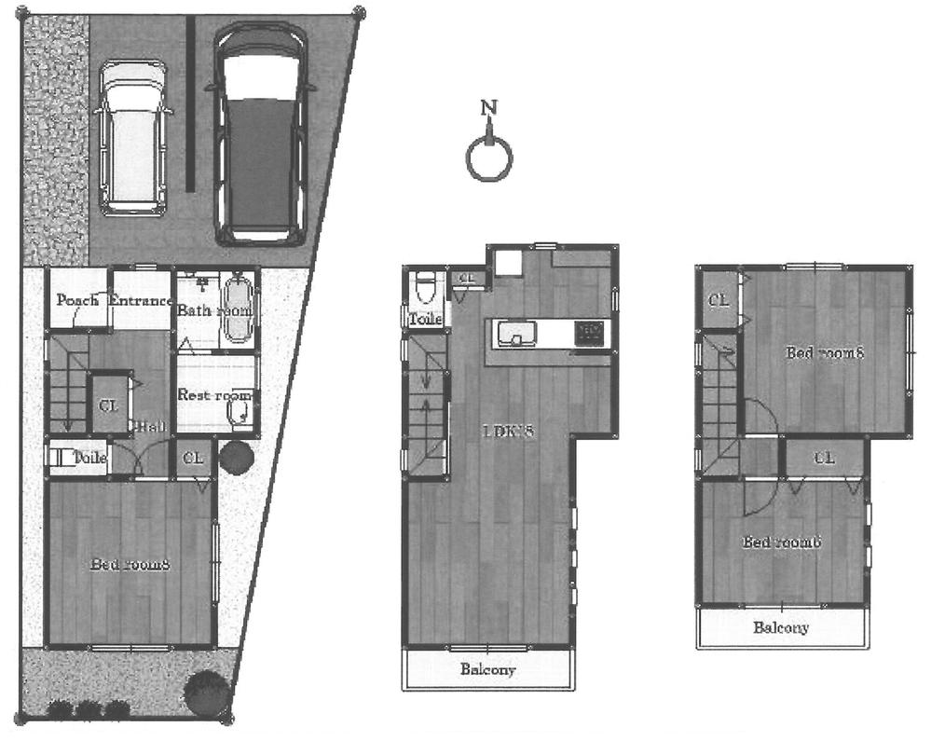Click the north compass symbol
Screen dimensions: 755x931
pyautogui.click(x=489, y=156)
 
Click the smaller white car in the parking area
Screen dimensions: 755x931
pyautogui.click(x=135, y=138)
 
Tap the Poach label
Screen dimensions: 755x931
pyautogui.click(x=77, y=301)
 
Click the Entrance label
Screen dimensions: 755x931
pyautogui.click(x=141, y=301)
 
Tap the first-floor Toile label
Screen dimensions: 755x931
pyautogui.click(x=90, y=458)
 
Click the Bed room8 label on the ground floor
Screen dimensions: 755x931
pyautogui.click(x=129, y=564)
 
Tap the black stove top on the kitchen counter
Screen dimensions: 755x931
pyautogui.click(x=588, y=330)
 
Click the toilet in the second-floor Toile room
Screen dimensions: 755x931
pyautogui.click(x=425, y=287)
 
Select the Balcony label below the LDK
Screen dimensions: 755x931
pyautogui.click(x=487, y=669)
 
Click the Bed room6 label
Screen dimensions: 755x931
pyautogui.click(x=781, y=542)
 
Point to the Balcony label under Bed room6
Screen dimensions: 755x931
pyautogui.click(x=781, y=627)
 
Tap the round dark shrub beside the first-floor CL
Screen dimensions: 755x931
pyautogui.click(x=235, y=458)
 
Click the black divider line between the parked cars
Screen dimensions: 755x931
pyautogui.click(x=190, y=103)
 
